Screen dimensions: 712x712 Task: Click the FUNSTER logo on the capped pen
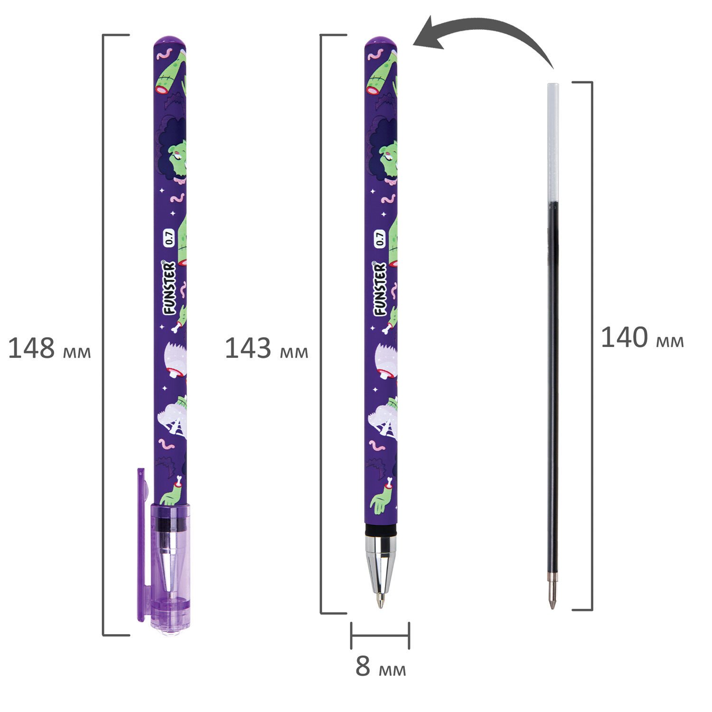point(169,288)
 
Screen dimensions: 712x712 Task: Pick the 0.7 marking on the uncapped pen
point(380,238)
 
